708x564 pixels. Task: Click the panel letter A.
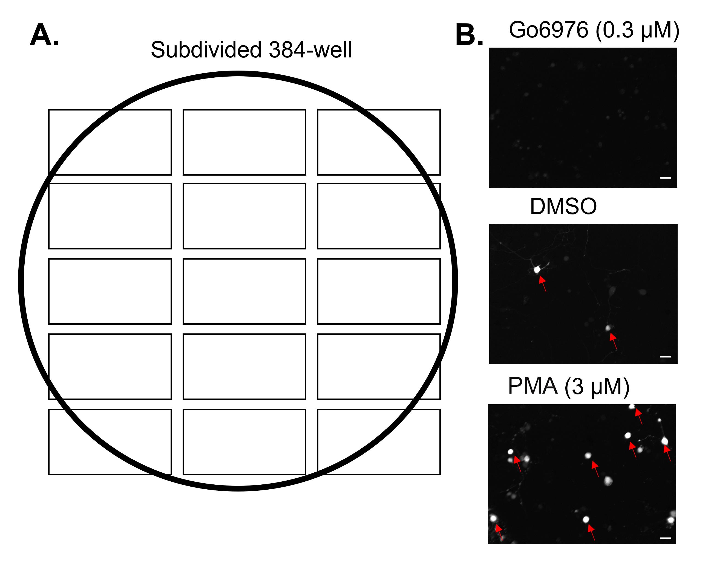(x=44, y=35)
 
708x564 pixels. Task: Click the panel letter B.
(x=469, y=35)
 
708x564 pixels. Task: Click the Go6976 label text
(x=548, y=30)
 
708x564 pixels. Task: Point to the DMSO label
(x=563, y=207)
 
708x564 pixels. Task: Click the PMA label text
(x=533, y=386)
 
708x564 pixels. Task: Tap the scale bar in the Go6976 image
(x=665, y=178)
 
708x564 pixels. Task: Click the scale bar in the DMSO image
(x=665, y=356)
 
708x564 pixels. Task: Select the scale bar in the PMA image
(x=665, y=538)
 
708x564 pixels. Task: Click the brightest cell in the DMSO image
(x=537, y=269)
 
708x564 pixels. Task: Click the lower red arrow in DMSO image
(x=613, y=341)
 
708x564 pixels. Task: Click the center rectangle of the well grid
(x=244, y=291)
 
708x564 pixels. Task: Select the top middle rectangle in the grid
(x=244, y=143)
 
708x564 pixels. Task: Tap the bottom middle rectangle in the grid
(x=244, y=442)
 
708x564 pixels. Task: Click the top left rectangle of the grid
(x=110, y=143)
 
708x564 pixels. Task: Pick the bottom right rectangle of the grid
(x=379, y=442)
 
